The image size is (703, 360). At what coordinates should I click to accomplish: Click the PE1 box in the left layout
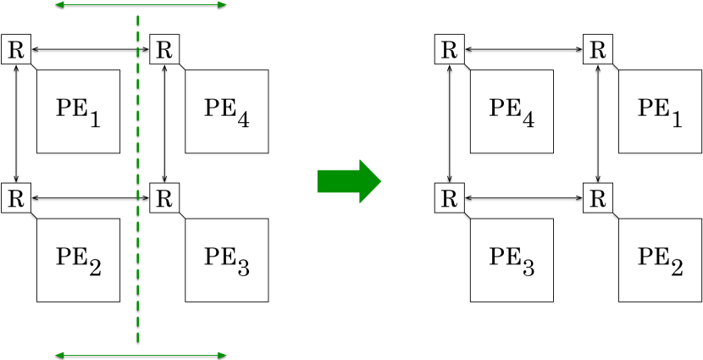tap(78, 111)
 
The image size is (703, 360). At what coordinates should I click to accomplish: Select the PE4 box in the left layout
tap(226, 111)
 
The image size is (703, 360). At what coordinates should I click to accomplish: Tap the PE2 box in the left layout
tap(78, 259)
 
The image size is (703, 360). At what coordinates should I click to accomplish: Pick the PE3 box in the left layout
tap(226, 259)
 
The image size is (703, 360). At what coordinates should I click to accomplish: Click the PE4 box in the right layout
tap(512, 111)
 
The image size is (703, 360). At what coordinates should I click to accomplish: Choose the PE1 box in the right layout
tap(660, 111)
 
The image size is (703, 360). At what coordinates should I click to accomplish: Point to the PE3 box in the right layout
tap(512, 259)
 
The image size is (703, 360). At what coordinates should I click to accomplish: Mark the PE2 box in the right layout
tap(660, 259)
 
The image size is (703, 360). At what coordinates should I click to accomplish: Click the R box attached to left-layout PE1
tap(16, 50)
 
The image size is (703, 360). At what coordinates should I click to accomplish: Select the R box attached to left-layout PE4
tap(164, 50)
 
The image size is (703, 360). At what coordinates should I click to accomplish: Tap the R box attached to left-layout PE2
tap(16, 199)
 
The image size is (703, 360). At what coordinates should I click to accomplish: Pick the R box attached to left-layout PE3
tap(164, 199)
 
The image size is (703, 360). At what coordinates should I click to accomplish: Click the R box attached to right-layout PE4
tap(450, 50)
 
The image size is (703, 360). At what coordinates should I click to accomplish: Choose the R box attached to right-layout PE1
tap(598, 50)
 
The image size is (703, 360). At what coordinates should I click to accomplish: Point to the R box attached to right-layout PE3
tap(450, 199)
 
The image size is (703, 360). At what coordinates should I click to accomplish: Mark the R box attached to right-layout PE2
tap(598, 199)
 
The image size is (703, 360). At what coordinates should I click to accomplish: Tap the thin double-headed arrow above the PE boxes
tap(141, 5)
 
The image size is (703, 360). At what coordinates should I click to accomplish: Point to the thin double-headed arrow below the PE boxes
tap(141, 354)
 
